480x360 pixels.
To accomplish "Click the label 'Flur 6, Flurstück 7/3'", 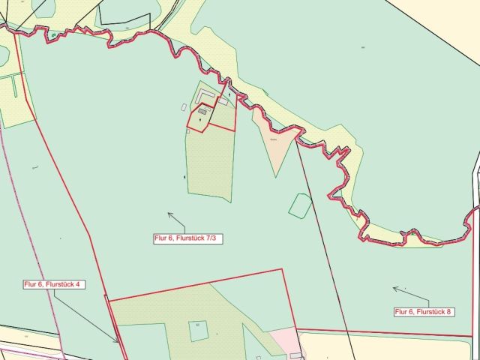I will click(x=179, y=238).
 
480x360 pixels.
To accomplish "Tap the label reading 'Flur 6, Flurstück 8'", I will click(x=424, y=310).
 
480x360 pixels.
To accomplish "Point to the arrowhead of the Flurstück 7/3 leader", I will click(x=169, y=214).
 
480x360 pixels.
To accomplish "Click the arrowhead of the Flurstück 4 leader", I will click(x=118, y=341).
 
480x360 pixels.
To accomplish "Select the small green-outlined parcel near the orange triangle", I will click(x=300, y=205).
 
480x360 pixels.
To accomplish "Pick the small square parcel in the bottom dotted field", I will click(x=198, y=330).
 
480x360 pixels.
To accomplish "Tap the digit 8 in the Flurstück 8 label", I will click(x=450, y=310).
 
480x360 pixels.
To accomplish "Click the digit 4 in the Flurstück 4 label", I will click(x=82, y=284).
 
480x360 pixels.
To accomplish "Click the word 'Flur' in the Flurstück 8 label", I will click(x=403, y=310).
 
